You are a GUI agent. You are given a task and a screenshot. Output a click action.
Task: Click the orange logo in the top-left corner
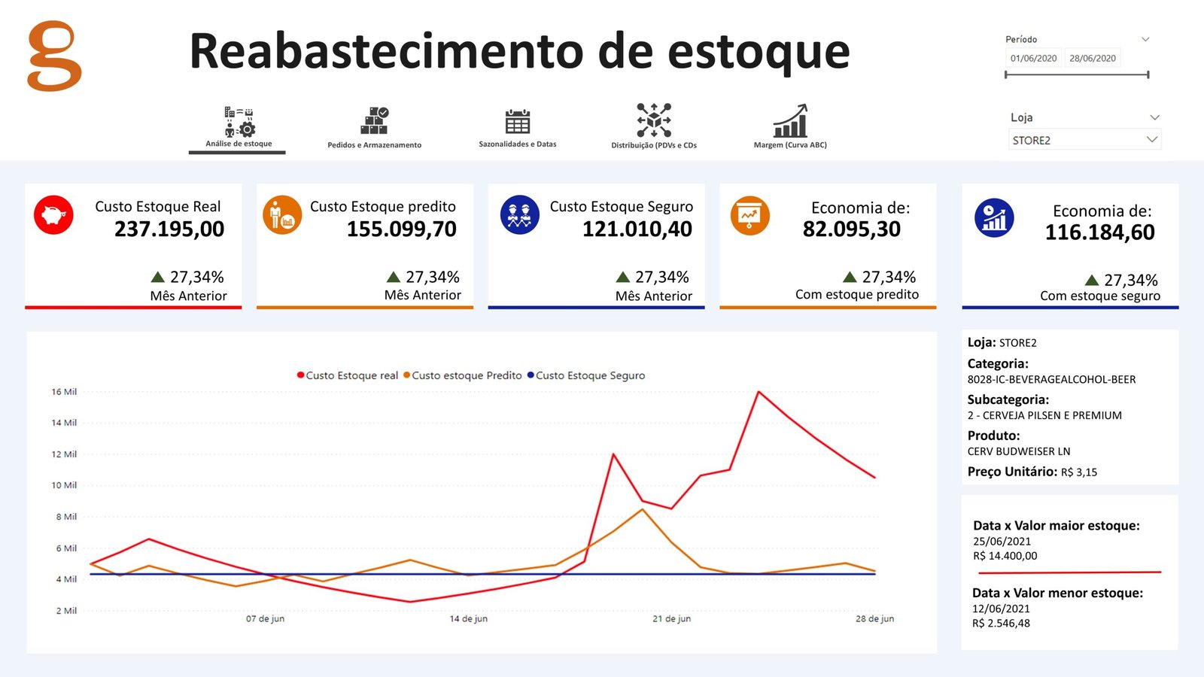pyautogui.click(x=54, y=56)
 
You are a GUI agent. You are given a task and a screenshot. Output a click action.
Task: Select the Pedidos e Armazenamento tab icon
pyautogui.click(x=374, y=120)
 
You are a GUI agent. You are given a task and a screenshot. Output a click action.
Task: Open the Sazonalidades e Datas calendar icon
pyautogui.click(x=518, y=120)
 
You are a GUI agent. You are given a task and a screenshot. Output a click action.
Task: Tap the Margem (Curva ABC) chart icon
pyautogui.click(x=790, y=120)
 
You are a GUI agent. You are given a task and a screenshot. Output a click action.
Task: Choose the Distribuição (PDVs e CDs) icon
pyautogui.click(x=654, y=120)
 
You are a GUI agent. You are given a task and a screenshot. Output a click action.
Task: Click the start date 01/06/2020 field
pyautogui.click(x=1033, y=59)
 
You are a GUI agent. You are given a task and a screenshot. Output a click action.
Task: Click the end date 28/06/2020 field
pyautogui.click(x=1093, y=59)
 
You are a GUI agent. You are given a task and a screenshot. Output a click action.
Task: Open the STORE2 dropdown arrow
pyautogui.click(x=1151, y=139)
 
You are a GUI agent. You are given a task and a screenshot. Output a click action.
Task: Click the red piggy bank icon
pyautogui.click(x=53, y=215)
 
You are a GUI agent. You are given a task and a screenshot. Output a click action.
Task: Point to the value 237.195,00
pyautogui.click(x=169, y=229)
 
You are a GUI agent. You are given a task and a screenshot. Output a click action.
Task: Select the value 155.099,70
pyautogui.click(x=401, y=229)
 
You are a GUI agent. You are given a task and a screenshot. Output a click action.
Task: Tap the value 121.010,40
pyautogui.click(x=637, y=229)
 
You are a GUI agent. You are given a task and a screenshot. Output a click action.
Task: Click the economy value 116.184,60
pyautogui.click(x=1099, y=233)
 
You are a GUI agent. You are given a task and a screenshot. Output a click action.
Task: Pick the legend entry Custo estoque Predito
pyautogui.click(x=466, y=375)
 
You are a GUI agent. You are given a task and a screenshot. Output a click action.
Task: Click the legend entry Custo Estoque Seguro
pyautogui.click(x=590, y=375)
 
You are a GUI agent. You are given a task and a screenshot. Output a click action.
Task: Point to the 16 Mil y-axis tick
pyautogui.click(x=64, y=392)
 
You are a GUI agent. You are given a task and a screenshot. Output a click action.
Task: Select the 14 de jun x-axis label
pyautogui.click(x=468, y=619)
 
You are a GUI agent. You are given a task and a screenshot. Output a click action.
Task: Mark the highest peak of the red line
pyautogui.click(x=759, y=392)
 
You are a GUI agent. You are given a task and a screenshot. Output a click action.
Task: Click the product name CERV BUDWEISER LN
pyautogui.click(x=1019, y=451)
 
